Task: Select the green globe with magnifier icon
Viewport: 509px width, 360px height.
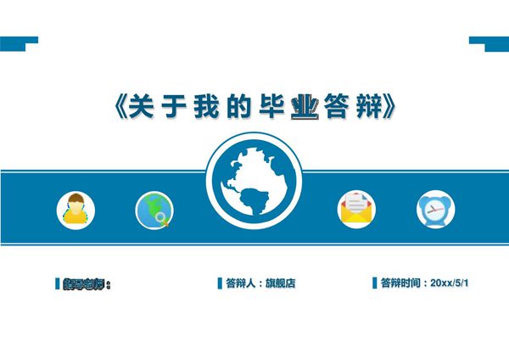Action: pos(154,210)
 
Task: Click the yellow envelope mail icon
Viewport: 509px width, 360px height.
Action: pos(357,209)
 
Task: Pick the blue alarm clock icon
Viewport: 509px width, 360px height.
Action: pos(435,210)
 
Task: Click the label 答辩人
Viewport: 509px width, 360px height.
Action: pos(239,284)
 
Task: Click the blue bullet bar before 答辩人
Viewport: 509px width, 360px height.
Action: pos(220,284)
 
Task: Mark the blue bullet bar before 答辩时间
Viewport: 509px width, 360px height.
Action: pos(374,283)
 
